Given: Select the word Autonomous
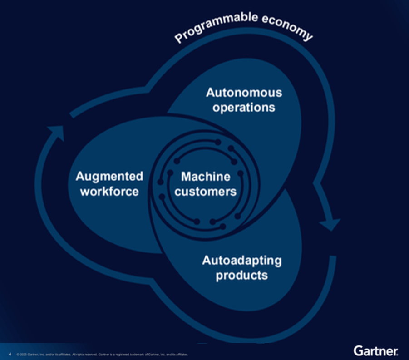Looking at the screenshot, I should (x=244, y=93).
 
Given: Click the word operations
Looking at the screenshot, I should (x=244, y=108).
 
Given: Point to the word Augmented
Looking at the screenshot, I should (x=109, y=176).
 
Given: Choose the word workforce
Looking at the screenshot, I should (x=109, y=191).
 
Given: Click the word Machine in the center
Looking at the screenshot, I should (x=206, y=176).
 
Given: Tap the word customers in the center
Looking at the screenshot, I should (x=206, y=191).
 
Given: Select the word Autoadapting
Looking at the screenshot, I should (x=241, y=261).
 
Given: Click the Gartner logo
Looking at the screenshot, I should (x=376, y=350).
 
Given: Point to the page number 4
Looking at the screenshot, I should (x=10, y=354).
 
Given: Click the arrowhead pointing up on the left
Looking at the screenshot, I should (x=56, y=130).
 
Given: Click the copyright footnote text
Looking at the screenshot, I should (x=102, y=354).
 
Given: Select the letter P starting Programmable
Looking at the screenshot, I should (x=178, y=39).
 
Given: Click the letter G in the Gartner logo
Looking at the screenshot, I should (x=358, y=350).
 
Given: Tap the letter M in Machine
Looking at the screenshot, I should (x=185, y=176).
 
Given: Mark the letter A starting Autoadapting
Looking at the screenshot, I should (x=206, y=261).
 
